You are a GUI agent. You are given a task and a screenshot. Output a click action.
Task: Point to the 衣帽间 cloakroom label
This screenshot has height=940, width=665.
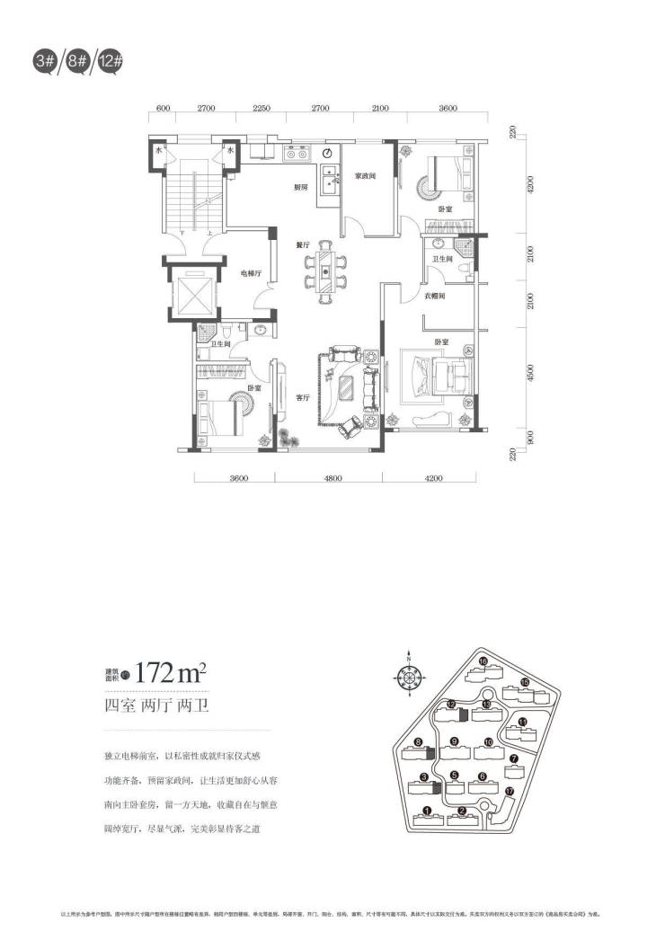coord(436,296)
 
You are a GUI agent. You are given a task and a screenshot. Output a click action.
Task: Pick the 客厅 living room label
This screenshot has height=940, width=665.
coord(302,395)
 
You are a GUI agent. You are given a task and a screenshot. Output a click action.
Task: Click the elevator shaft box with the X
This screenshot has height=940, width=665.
coord(193,294)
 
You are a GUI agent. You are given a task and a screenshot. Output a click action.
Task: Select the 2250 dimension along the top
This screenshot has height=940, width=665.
coord(262,108)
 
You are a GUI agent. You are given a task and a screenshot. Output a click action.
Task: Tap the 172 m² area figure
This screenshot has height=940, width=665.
coord(176,670)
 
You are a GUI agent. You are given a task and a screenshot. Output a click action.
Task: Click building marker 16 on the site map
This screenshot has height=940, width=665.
coord(483,662)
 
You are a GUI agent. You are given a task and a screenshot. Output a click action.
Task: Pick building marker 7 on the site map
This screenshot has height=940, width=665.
coord(513,758)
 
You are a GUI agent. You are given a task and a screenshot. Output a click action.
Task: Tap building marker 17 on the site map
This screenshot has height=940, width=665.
coord(510,792)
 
